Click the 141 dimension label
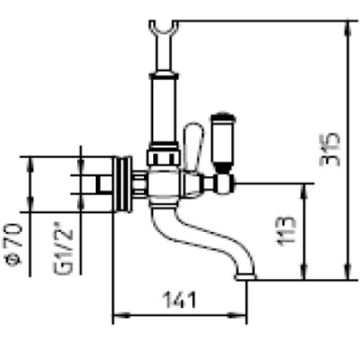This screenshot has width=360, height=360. [179, 299]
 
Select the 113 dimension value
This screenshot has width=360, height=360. [287, 231]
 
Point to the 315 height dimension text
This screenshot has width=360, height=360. [330, 149]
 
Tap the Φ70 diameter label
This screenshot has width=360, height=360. [13, 244]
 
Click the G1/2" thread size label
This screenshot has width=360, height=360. [63, 248]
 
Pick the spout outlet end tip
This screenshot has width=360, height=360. [245, 277]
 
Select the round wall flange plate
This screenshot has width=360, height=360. [122, 185]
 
